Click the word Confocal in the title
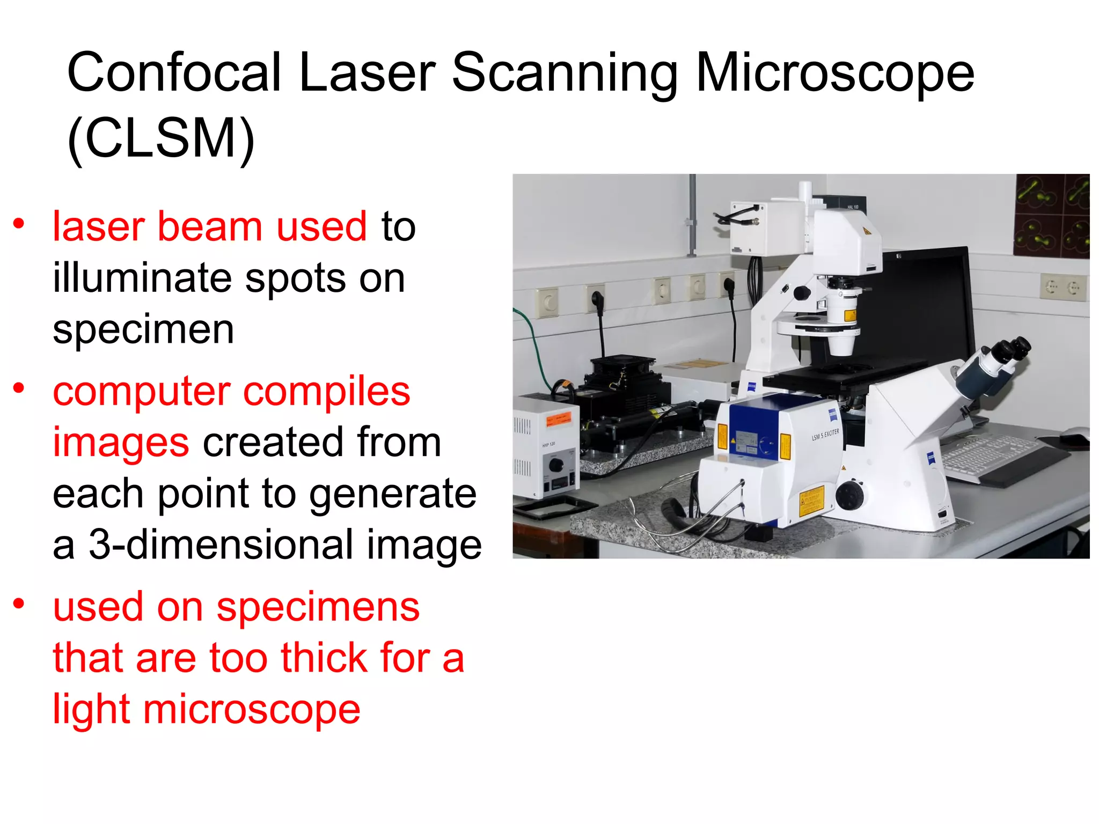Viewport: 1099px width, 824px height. click(x=173, y=72)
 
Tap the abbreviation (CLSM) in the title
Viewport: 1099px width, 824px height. click(x=161, y=138)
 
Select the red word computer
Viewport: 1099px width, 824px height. click(x=141, y=392)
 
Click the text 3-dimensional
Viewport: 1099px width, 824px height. click(x=220, y=545)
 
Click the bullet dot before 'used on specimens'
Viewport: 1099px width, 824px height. click(x=19, y=604)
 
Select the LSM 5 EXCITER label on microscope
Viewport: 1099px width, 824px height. click(x=825, y=435)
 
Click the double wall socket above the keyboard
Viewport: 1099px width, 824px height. click(x=1063, y=288)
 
